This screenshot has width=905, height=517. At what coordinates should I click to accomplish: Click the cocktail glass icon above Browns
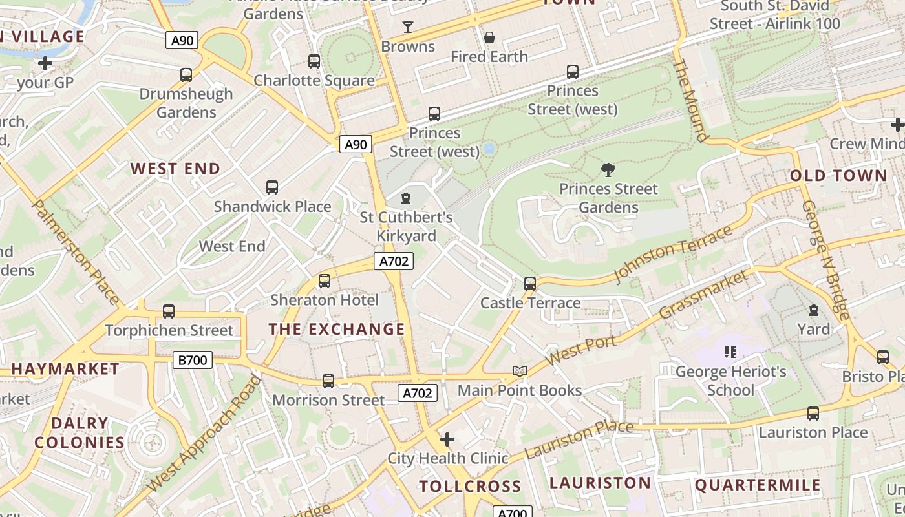pos(408,27)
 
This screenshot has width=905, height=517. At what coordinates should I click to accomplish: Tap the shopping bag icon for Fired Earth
pos(489,37)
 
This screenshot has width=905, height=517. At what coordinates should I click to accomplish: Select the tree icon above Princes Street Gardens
pos(608,170)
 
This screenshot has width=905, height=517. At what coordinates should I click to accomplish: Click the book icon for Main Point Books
pos(520,371)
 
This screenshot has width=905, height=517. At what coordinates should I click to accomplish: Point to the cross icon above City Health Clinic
pos(447,440)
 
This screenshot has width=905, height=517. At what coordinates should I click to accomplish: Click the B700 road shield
pos(193,360)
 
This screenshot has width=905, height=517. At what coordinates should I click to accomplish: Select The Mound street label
pos(690,100)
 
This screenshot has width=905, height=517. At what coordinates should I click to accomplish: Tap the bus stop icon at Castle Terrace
pos(530,283)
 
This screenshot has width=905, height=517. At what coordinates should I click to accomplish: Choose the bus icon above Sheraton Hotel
pos(325,281)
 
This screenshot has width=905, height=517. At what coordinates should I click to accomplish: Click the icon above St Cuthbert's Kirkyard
pos(406,198)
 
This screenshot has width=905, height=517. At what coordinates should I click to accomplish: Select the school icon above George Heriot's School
pos(730,352)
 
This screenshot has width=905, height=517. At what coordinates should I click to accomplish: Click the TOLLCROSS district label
pos(470,486)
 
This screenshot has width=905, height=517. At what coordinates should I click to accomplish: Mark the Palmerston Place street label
pos(76,252)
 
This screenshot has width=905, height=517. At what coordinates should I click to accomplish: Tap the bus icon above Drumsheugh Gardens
pos(186,74)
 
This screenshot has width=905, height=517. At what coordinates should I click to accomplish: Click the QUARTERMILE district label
pos(758,485)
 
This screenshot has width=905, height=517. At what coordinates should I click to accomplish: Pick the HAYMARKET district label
pos(65,369)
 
